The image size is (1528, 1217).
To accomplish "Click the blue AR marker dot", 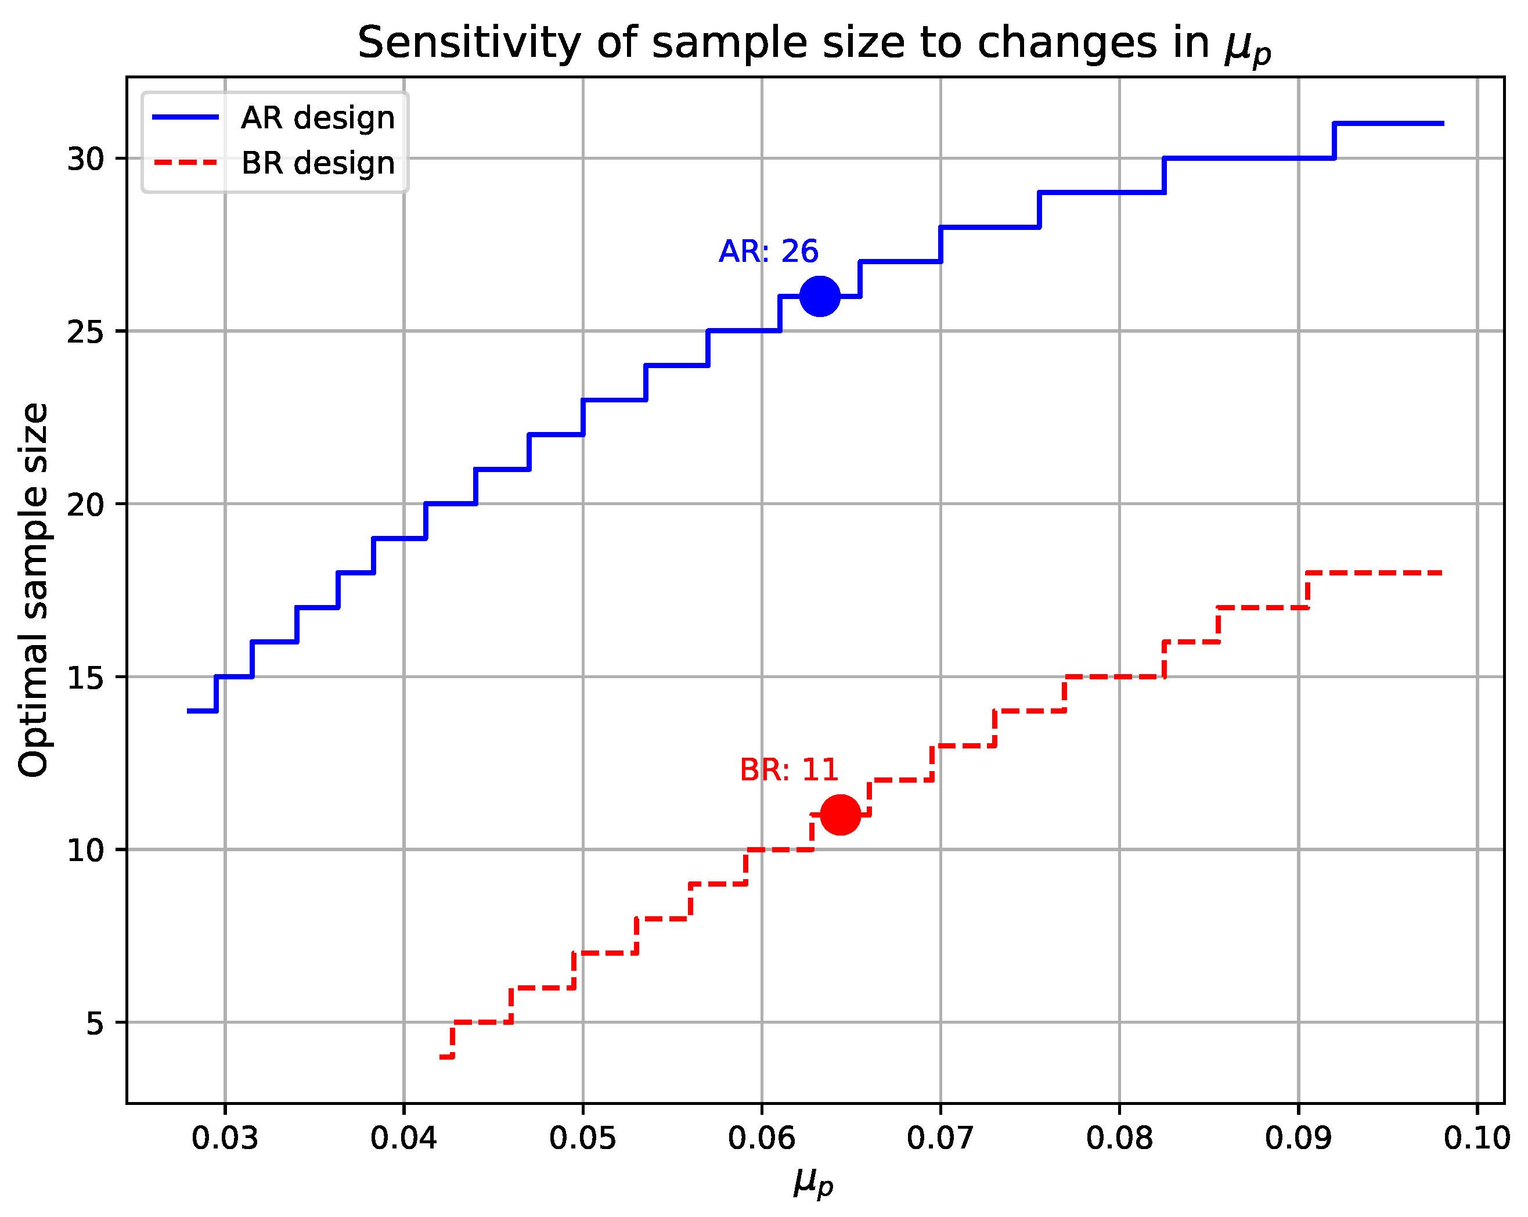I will pos(820,296).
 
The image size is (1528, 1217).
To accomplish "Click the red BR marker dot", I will pos(841,815).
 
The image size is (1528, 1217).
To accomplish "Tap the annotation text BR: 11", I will pos(789,770).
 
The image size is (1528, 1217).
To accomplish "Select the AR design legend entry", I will pos(317,118).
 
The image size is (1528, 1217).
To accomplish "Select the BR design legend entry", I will pos(317,163).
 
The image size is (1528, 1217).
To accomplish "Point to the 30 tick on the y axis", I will pos(85,159).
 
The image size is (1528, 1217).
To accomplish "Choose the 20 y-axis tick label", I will pos(85,505).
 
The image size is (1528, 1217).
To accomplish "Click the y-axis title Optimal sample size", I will pos(34,590).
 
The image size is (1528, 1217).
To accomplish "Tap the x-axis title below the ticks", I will pos(813,1182).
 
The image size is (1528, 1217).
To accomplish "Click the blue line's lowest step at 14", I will pos(202,711).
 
